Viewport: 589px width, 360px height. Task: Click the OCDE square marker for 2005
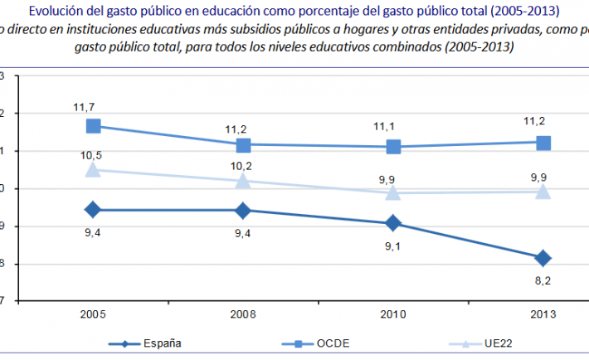[x=93, y=126]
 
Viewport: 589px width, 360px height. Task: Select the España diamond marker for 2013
[x=543, y=258]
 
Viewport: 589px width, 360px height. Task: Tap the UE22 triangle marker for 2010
[x=392, y=192]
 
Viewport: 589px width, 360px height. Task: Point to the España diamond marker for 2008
[x=243, y=210]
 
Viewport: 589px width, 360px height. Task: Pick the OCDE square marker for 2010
[x=392, y=147]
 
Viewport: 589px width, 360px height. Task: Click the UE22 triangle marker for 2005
[x=93, y=169]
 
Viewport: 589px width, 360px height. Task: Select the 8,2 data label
[x=543, y=281]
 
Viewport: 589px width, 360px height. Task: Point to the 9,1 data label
[x=392, y=245]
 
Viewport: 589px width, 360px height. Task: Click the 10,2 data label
[x=243, y=164]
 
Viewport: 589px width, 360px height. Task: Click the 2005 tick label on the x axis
[x=93, y=315]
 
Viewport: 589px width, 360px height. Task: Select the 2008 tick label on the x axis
[x=243, y=315]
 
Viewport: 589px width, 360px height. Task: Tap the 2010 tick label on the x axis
[x=392, y=315]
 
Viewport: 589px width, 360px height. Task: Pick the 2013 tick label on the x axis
[x=543, y=315]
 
